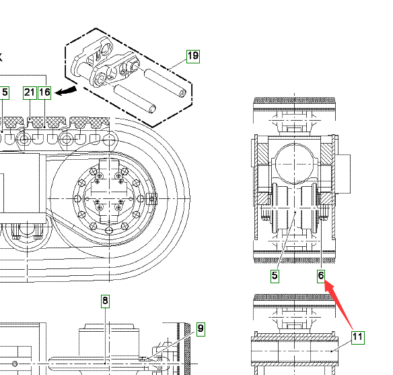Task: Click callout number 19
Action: coord(193,57)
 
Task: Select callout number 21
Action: coord(30,93)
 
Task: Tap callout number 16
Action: coord(44,93)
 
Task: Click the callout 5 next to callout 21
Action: coord(5,93)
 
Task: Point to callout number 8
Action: coord(105,301)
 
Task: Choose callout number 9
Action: coord(201,329)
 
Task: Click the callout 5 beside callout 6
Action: coord(275,277)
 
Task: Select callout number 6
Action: coord(321,277)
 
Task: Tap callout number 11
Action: coord(357,338)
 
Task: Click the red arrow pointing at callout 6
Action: coord(338,305)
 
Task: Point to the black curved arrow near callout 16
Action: coord(66,91)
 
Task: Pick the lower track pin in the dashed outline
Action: coord(135,99)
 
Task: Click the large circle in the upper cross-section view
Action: coord(294,164)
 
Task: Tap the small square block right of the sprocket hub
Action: coord(151,199)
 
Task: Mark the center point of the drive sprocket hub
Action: coord(109,199)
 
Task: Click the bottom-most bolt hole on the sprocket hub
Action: coord(109,230)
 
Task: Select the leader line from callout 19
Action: coord(177,64)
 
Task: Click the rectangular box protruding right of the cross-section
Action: coord(343,174)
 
